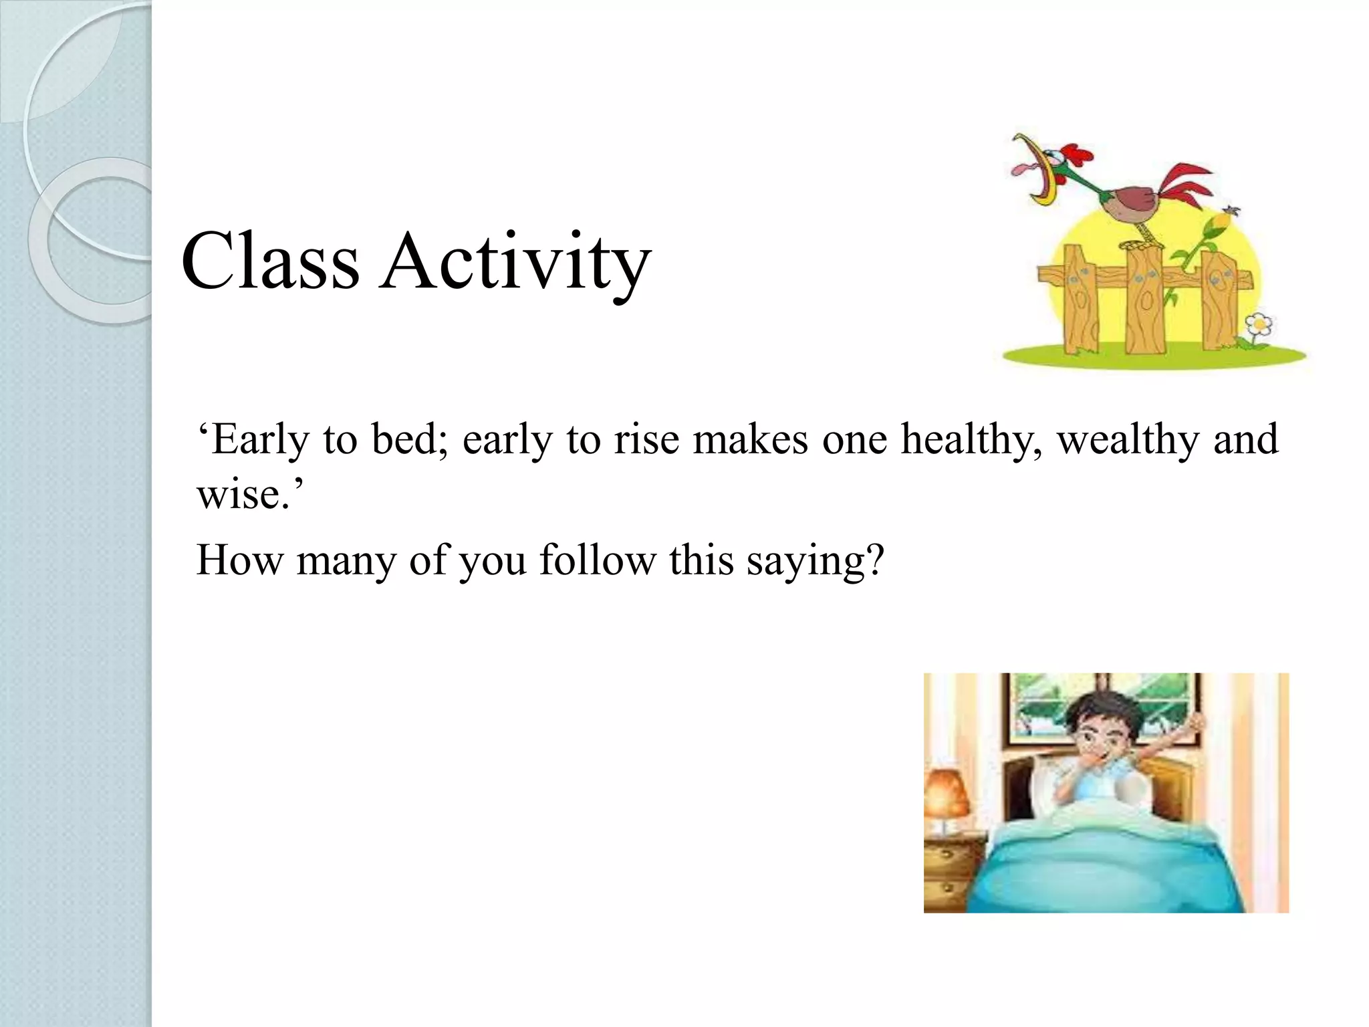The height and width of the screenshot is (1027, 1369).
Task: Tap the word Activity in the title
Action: [515, 263]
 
